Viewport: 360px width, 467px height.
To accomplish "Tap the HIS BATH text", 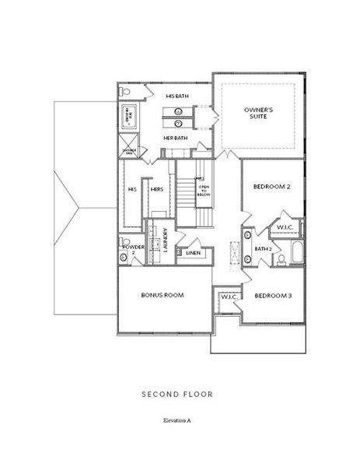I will tap(178, 96).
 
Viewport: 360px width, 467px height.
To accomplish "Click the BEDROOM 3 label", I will tap(273, 296).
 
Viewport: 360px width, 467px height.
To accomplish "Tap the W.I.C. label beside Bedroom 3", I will tap(229, 297).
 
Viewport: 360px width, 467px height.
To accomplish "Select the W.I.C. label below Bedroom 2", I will tap(285, 226).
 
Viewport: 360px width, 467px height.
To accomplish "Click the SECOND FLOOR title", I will tap(177, 395).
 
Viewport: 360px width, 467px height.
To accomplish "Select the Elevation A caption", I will tap(177, 420).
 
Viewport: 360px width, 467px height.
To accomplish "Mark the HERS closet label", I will tap(156, 189).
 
